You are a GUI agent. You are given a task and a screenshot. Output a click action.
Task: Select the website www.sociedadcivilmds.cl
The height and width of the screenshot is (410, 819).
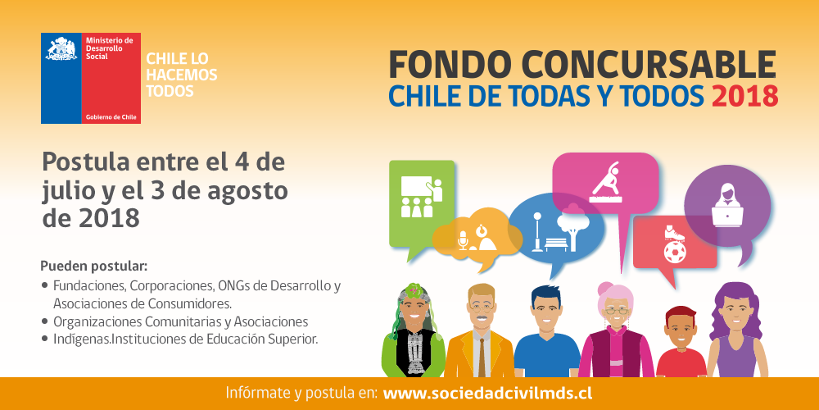(487, 394)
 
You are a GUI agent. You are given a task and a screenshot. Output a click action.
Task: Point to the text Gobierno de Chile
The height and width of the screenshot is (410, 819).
(111, 117)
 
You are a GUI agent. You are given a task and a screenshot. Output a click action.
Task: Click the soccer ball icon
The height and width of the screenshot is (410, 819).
(674, 252)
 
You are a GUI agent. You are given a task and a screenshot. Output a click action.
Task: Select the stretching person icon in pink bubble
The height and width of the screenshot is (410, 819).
(606, 182)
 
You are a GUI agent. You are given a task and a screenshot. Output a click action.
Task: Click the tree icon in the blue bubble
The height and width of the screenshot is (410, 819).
(572, 225)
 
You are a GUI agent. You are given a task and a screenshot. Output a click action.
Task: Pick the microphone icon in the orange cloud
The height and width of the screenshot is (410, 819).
(462, 240)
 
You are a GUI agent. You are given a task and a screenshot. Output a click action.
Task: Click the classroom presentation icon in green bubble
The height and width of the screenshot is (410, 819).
(421, 197)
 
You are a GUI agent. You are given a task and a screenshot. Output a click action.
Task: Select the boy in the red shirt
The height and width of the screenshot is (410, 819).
(681, 342)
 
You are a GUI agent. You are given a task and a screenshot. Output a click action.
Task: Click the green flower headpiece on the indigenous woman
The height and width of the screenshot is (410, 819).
(414, 289)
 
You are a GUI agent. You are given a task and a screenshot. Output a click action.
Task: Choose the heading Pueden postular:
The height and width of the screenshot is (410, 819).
(94, 266)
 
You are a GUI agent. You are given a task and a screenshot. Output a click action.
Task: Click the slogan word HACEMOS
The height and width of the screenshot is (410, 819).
(181, 75)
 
